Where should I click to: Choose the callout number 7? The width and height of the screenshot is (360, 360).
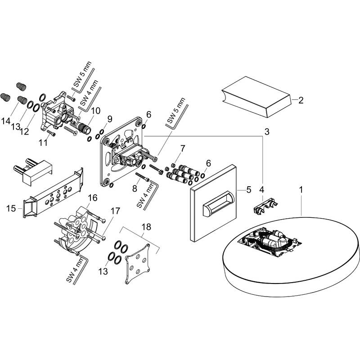(x=183, y=148)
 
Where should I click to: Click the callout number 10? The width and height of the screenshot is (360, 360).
(x=96, y=111)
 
